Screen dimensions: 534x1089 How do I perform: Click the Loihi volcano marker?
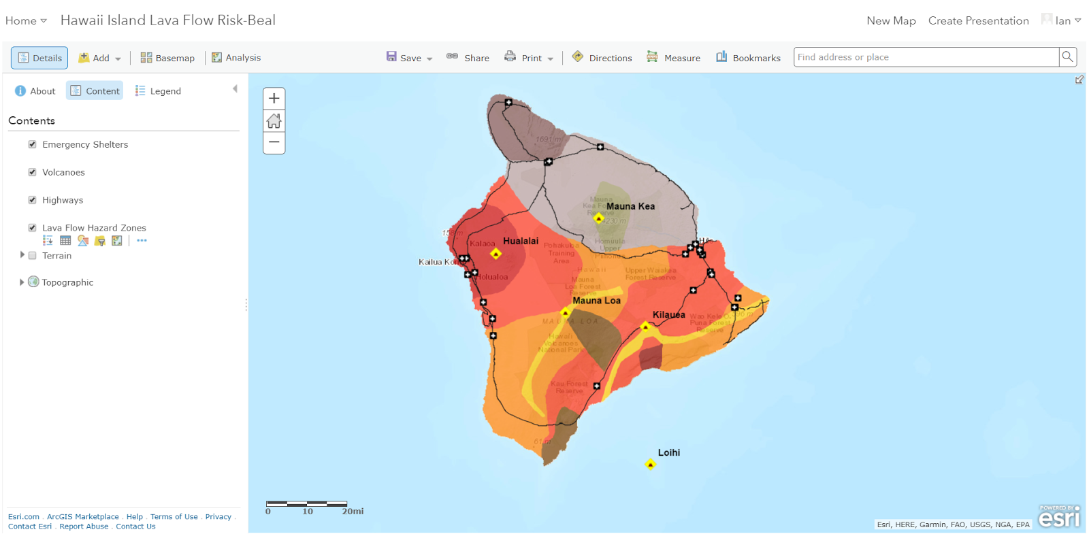pos(650,465)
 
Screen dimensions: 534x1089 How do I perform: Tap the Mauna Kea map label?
pos(630,206)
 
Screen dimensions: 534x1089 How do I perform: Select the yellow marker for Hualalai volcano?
pos(495,254)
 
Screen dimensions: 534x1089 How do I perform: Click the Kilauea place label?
pos(668,314)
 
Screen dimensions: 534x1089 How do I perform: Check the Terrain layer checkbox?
pos(32,256)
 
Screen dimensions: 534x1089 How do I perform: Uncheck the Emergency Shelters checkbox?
pos(32,144)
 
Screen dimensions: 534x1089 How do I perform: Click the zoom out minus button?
pos(274,142)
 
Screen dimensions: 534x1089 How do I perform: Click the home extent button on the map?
pos(274,121)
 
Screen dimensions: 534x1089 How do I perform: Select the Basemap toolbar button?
pos(167,58)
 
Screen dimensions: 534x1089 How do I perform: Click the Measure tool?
pos(674,58)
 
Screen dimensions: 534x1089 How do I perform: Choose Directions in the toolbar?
pos(602,58)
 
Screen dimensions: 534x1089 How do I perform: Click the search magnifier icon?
pos(1067,57)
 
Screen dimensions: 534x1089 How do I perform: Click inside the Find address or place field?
pos(926,57)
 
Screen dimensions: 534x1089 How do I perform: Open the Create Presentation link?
pos(978,20)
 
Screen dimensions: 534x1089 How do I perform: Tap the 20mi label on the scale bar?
pos(353,512)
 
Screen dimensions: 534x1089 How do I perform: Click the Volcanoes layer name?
pos(63,172)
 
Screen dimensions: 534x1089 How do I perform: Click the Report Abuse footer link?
pos(84,527)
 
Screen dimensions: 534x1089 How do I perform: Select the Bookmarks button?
pos(748,58)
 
